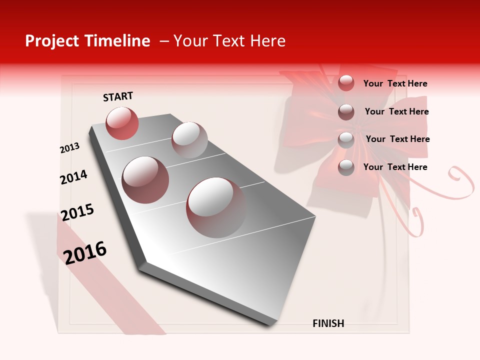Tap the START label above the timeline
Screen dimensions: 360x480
118,96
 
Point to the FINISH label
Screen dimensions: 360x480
328,323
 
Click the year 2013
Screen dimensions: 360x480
69,148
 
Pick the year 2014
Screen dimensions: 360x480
73,177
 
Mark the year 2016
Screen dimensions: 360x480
85,252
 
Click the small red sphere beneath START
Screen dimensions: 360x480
122,123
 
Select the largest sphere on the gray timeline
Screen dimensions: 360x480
216,207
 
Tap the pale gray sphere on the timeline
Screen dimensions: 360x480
189,139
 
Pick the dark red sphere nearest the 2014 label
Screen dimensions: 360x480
145,179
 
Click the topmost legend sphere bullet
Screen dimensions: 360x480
346,83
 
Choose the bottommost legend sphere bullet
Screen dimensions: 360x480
346,167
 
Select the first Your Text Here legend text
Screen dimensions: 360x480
395,83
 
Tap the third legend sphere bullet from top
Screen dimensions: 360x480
346,139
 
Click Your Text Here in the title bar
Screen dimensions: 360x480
229,41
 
